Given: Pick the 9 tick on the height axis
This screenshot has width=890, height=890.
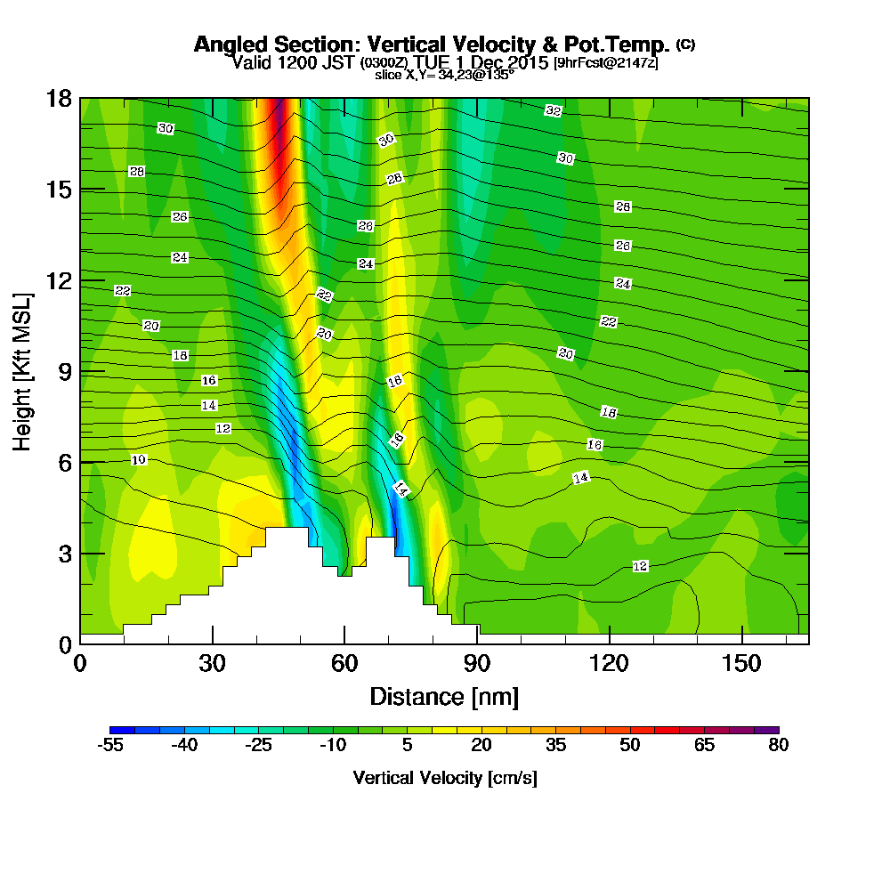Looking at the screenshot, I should (x=64, y=370).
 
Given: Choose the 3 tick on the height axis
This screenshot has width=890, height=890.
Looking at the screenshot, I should (x=64, y=553).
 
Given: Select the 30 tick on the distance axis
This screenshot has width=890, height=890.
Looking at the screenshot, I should (x=212, y=664).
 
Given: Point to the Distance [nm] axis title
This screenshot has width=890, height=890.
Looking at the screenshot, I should (x=444, y=696).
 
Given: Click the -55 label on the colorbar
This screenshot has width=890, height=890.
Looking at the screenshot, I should (x=110, y=745).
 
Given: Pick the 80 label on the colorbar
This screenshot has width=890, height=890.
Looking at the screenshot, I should (x=778, y=745).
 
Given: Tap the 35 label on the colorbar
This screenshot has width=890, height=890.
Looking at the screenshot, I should (x=555, y=745).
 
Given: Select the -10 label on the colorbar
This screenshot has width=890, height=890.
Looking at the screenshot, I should (x=333, y=745).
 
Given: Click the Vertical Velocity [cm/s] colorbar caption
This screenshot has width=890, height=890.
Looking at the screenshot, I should (x=444, y=778).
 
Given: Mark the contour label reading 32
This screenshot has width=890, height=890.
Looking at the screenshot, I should (x=554, y=110).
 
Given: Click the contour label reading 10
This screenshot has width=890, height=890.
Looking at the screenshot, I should (x=138, y=459).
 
